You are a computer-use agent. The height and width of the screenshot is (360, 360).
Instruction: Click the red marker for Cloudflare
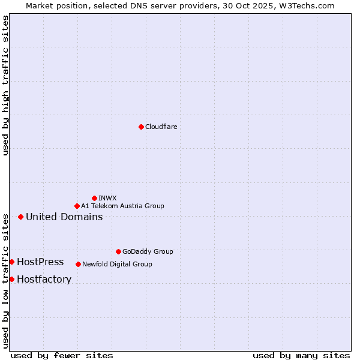coord(141,127)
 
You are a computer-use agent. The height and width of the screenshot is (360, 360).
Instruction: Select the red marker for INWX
coord(94,198)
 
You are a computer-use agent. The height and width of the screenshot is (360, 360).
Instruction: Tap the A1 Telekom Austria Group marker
coord(77,206)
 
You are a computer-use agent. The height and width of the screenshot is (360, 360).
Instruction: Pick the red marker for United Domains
coord(20,217)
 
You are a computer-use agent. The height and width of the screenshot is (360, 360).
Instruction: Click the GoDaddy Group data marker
coord(118,251)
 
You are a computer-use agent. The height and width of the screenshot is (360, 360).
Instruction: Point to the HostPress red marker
coord(11,262)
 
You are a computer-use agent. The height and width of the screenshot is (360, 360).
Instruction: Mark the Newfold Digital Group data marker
coord(78,264)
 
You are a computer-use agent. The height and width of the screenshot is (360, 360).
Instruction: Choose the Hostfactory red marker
coord(11,279)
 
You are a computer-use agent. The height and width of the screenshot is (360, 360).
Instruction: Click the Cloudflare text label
coord(161,127)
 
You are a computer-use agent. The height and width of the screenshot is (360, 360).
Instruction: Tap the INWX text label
coord(108,198)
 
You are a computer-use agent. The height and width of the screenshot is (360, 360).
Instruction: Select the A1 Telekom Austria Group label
coord(122,206)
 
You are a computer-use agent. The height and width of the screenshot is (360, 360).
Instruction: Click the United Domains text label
coord(64,217)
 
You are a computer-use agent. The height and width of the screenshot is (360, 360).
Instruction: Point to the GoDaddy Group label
coord(148,251)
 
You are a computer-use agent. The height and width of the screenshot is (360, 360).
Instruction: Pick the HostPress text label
coord(40,262)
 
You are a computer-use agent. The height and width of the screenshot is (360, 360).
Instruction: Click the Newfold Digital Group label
coord(117,264)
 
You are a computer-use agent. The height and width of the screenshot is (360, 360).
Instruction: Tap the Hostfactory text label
coord(44,279)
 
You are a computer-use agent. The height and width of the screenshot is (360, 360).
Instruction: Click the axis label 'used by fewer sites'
coord(62,355)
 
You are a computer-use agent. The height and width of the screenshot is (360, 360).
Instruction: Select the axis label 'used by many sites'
coord(301,355)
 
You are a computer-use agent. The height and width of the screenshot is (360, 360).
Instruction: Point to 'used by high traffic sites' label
coord(5,85)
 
